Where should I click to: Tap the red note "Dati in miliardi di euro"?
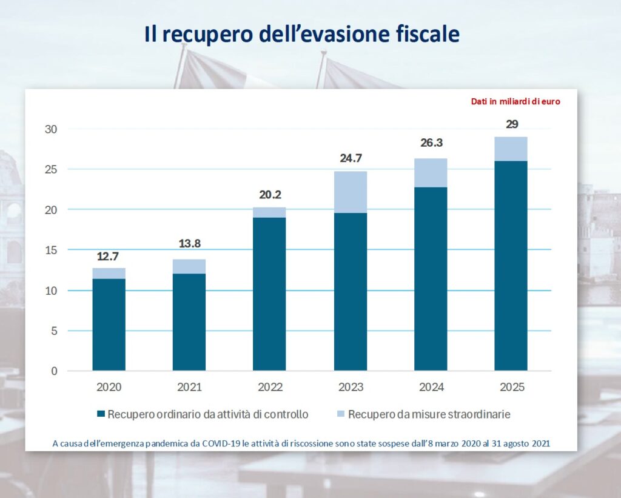(515, 101)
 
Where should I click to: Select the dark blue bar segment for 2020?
(109, 325)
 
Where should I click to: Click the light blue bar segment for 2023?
(350, 192)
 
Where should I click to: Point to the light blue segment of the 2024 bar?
(431, 173)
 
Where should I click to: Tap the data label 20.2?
(269, 195)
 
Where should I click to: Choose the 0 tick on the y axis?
(54, 371)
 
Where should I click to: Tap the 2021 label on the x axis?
(189, 387)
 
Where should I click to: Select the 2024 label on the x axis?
(431, 387)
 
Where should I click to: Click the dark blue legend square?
(101, 415)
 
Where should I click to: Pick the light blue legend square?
(341, 415)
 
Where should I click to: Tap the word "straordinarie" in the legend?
(479, 415)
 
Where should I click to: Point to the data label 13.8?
(189, 244)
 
